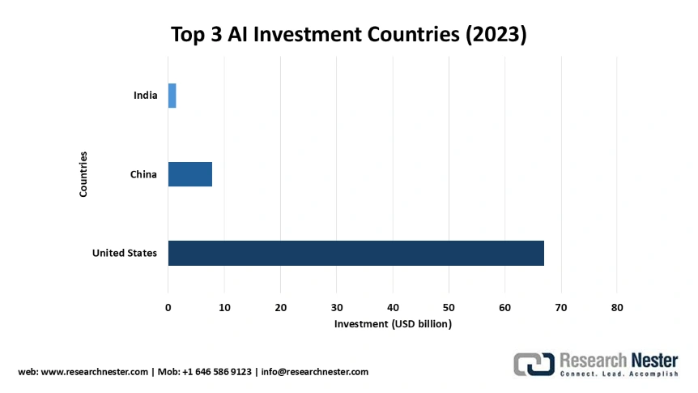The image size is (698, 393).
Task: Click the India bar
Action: click(x=172, y=96)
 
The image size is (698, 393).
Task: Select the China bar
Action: click(x=189, y=174)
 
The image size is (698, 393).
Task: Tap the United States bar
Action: click(x=355, y=253)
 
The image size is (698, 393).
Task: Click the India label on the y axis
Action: click(x=146, y=96)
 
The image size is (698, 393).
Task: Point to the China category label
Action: click(x=143, y=174)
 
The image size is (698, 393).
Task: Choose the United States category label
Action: click(x=125, y=253)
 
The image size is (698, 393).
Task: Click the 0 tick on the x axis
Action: click(x=168, y=307)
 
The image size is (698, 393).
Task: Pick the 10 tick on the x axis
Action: click(x=224, y=307)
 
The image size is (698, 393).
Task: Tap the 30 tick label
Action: click(x=337, y=307)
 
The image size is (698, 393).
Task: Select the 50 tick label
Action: click(x=449, y=307)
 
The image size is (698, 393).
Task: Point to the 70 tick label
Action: click(x=561, y=307)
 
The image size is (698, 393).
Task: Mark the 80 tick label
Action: click(x=617, y=307)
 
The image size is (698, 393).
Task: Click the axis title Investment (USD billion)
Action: click(x=393, y=324)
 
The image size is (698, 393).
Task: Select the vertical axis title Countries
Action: click(x=83, y=174)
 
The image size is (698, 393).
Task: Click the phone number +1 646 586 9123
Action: click(x=216, y=372)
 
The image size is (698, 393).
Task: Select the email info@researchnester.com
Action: click(x=314, y=372)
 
